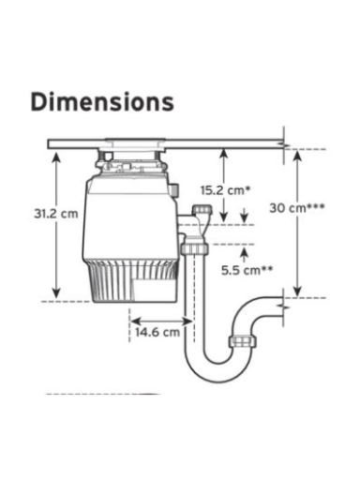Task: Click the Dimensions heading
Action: click(102, 102)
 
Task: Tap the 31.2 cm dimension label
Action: click(56, 214)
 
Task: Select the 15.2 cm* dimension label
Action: click(226, 190)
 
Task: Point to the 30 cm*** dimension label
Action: click(297, 208)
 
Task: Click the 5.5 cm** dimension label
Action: click(247, 270)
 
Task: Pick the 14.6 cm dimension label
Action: click(157, 332)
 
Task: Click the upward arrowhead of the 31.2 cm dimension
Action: click(56, 157)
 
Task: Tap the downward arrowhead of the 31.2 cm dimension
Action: click(56, 293)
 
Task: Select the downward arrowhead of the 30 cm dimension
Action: click(297, 292)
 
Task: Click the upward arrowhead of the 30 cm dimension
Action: click(297, 155)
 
